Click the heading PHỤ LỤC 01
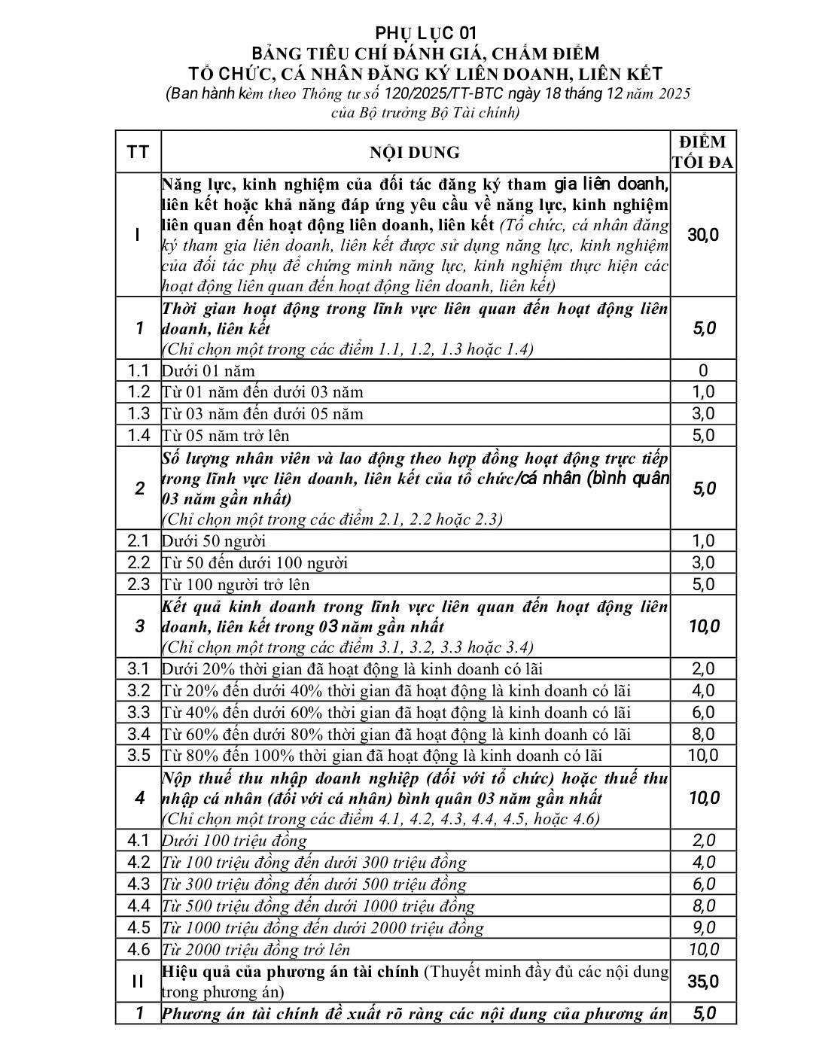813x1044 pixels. point(426,32)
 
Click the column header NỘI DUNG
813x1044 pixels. point(414,153)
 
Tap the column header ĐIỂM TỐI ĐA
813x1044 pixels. point(703,153)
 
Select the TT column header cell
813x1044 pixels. point(138,153)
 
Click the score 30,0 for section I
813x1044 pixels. point(703,235)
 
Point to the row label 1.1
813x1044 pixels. point(139,370)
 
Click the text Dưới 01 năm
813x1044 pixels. point(209,371)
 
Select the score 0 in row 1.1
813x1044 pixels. point(703,370)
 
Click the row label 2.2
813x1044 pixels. point(139,562)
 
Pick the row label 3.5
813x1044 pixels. point(139,755)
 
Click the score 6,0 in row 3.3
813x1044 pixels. point(703,712)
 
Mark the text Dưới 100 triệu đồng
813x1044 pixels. point(235,841)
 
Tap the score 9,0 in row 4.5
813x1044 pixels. point(703,927)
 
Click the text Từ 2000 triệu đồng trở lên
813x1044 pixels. point(256,950)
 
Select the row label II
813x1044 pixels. point(138,982)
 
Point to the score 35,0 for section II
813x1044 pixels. point(703,982)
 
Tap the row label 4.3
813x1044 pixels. point(139,884)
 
